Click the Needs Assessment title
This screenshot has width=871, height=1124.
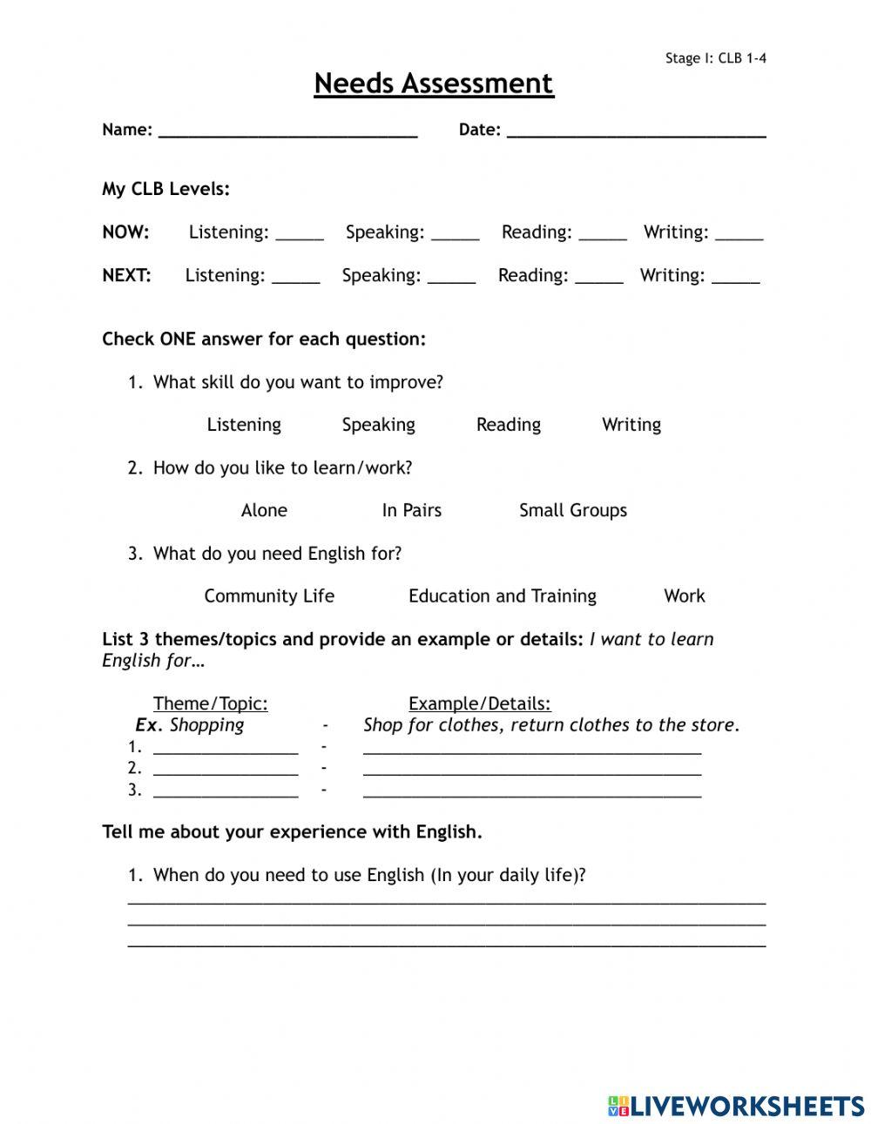pyautogui.click(x=434, y=84)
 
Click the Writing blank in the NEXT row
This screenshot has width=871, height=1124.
pyautogui.click(x=736, y=277)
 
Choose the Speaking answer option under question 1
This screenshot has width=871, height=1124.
pyautogui.click(x=378, y=425)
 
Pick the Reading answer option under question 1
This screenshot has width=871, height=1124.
pyautogui.click(x=509, y=425)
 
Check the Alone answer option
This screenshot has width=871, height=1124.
pyautogui.click(x=264, y=510)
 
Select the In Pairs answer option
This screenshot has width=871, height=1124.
pyautogui.click(x=411, y=510)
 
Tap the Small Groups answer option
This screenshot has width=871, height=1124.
pyautogui.click(x=573, y=510)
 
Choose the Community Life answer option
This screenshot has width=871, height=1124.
pyautogui.click(x=269, y=596)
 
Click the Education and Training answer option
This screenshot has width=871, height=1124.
pyautogui.click(x=503, y=596)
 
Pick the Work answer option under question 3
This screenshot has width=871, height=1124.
pyautogui.click(x=685, y=596)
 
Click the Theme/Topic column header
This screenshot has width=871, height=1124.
pyautogui.click(x=211, y=703)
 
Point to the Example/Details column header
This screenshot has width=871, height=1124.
pyautogui.click(x=480, y=703)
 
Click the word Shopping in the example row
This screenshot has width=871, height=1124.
pyautogui.click(x=206, y=725)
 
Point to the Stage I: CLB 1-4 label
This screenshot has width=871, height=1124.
pyautogui.click(x=716, y=58)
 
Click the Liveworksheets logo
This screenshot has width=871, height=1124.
pyautogui.click(x=736, y=1106)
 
